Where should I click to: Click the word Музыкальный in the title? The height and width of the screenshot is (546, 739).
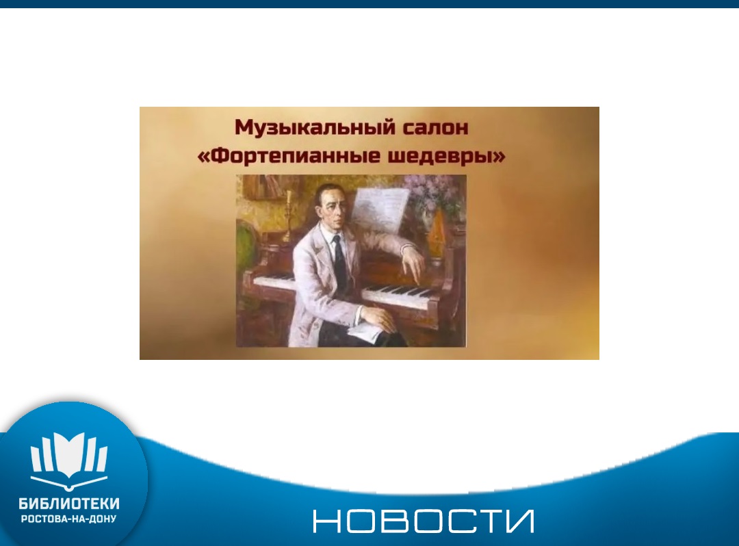tap(315, 127)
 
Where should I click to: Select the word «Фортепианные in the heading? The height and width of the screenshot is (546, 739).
tap(289, 156)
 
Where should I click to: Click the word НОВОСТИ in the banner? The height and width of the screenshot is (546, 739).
tap(424, 521)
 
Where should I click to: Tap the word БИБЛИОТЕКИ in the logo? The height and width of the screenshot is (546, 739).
tap(69, 504)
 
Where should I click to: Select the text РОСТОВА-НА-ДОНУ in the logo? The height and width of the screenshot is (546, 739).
tap(69, 519)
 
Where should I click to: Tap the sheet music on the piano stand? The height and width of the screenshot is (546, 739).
tap(380, 211)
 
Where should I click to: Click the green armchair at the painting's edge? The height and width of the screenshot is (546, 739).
tap(244, 249)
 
